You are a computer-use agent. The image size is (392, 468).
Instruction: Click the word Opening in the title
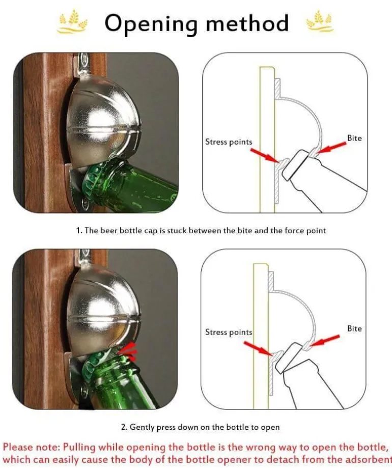pos(151,24)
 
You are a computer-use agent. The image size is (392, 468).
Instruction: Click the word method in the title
pos(247,23)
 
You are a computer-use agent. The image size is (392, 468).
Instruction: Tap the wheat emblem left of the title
pos(73,21)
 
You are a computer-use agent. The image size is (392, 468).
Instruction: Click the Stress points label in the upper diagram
pos(229,142)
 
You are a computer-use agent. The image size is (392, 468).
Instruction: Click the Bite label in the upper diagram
pos(354,138)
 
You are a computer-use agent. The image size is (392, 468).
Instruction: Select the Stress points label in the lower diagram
pos(229,332)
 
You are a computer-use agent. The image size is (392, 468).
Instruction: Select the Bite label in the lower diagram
pos(354,328)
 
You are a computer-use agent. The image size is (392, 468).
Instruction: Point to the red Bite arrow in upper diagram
pos(331,147)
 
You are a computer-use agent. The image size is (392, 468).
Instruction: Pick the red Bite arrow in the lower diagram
pos(325,340)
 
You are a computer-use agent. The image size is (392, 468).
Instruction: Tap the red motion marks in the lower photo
pos(129,351)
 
